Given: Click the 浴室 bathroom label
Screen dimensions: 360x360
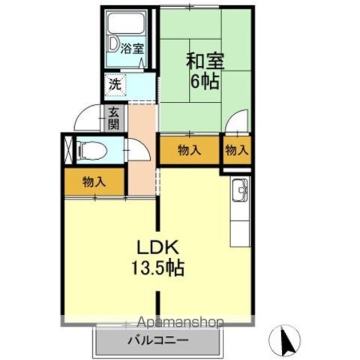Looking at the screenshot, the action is (x=133, y=49).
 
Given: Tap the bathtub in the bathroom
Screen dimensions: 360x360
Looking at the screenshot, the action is (x=126, y=23).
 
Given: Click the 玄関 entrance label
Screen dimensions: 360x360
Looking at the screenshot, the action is (x=114, y=118).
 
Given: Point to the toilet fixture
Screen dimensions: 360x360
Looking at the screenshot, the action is (x=92, y=150).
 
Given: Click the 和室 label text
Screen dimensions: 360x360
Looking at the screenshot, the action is (x=205, y=61).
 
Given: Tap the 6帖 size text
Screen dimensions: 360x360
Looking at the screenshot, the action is (x=205, y=82).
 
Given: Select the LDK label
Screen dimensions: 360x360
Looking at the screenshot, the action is (x=157, y=247).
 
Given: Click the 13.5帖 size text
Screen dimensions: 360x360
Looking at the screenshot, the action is (x=157, y=268).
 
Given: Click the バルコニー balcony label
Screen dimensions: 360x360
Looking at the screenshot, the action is (x=159, y=340).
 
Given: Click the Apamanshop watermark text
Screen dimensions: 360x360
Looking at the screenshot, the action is (x=181, y=322).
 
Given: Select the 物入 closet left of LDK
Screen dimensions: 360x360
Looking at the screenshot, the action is (x=94, y=181).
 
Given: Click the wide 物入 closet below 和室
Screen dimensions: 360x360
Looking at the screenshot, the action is (x=189, y=150).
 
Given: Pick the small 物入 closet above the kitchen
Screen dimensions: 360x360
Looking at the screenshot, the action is (x=237, y=150).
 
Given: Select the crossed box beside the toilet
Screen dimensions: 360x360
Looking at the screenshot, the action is (x=69, y=150).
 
